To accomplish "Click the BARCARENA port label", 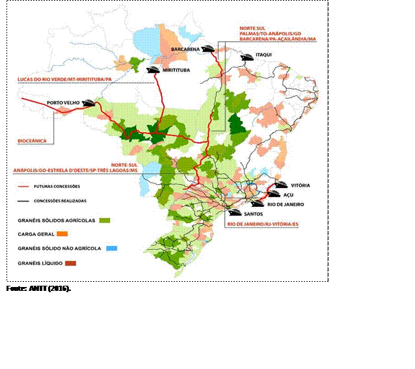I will coord(185,49).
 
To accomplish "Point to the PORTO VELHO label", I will coord(62,103).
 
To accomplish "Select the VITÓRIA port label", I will coord(301,185).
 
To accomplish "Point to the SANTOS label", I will coord(252,213).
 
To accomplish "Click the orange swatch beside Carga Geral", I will coord(63,233).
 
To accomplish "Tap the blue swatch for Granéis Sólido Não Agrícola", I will coord(113,248).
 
